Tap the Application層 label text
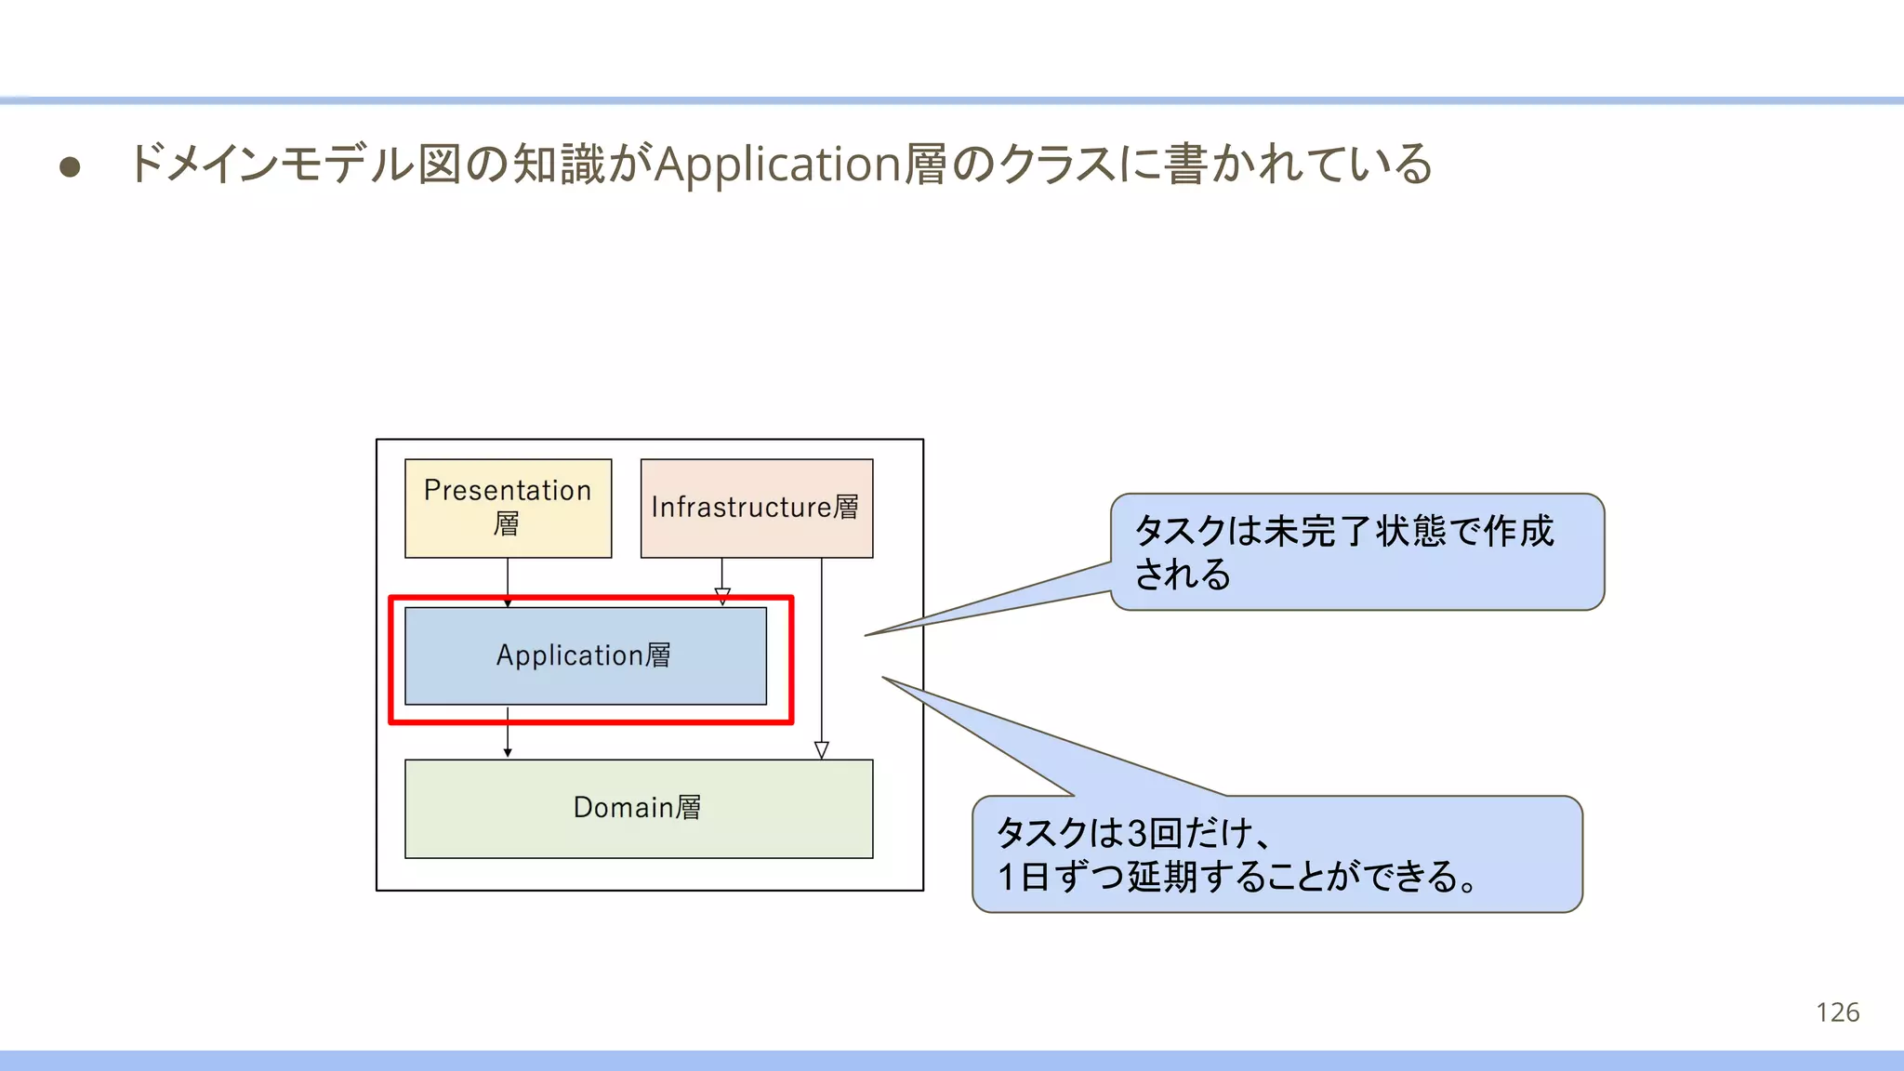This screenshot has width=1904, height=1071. click(x=583, y=655)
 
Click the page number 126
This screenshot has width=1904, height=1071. click(x=1837, y=1012)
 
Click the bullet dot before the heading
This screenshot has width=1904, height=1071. click(x=70, y=167)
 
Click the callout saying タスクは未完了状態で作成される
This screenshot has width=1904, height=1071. click(x=1356, y=552)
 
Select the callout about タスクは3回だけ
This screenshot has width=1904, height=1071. click(x=1276, y=854)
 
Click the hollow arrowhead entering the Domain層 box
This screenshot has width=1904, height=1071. click(x=822, y=750)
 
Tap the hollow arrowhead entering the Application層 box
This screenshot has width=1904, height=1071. click(x=722, y=596)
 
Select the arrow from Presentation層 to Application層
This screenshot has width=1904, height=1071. click(x=508, y=581)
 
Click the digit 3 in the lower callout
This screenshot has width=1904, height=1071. click(x=1135, y=833)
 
